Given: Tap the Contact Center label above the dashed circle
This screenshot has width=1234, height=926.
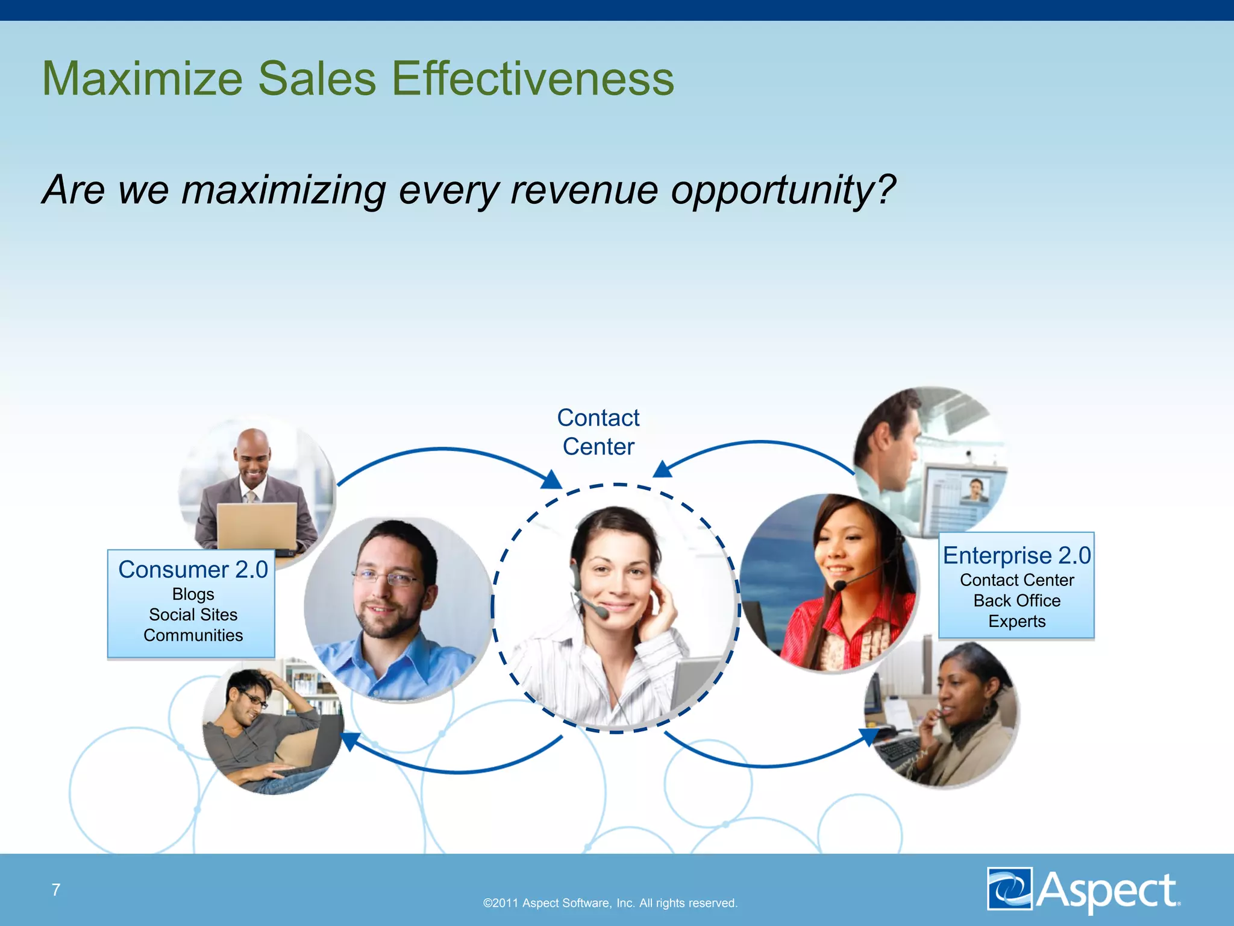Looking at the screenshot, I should click(598, 432).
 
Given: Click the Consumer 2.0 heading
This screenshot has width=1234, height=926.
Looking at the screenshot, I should click(193, 570).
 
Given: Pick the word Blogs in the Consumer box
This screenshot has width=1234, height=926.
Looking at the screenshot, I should click(193, 594).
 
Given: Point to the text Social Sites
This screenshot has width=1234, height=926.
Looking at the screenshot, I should click(193, 615).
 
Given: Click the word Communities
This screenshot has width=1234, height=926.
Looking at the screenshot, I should click(193, 635).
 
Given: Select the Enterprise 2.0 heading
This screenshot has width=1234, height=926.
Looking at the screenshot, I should click(1016, 555).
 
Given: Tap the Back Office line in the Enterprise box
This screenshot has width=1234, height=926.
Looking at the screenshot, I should click(1016, 601).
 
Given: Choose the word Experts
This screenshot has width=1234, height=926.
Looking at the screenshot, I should click(1016, 622).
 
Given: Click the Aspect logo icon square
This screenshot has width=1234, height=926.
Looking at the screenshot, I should click(1009, 888).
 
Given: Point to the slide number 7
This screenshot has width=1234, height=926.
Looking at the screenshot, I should click(56, 890).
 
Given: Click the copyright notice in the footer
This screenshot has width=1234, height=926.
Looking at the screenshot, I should click(610, 903).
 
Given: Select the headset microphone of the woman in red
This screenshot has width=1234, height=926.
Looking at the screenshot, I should click(840, 585).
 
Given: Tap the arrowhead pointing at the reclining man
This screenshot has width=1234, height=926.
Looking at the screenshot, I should click(350, 741).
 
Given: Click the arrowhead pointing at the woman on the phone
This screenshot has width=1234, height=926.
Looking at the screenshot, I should click(869, 736).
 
